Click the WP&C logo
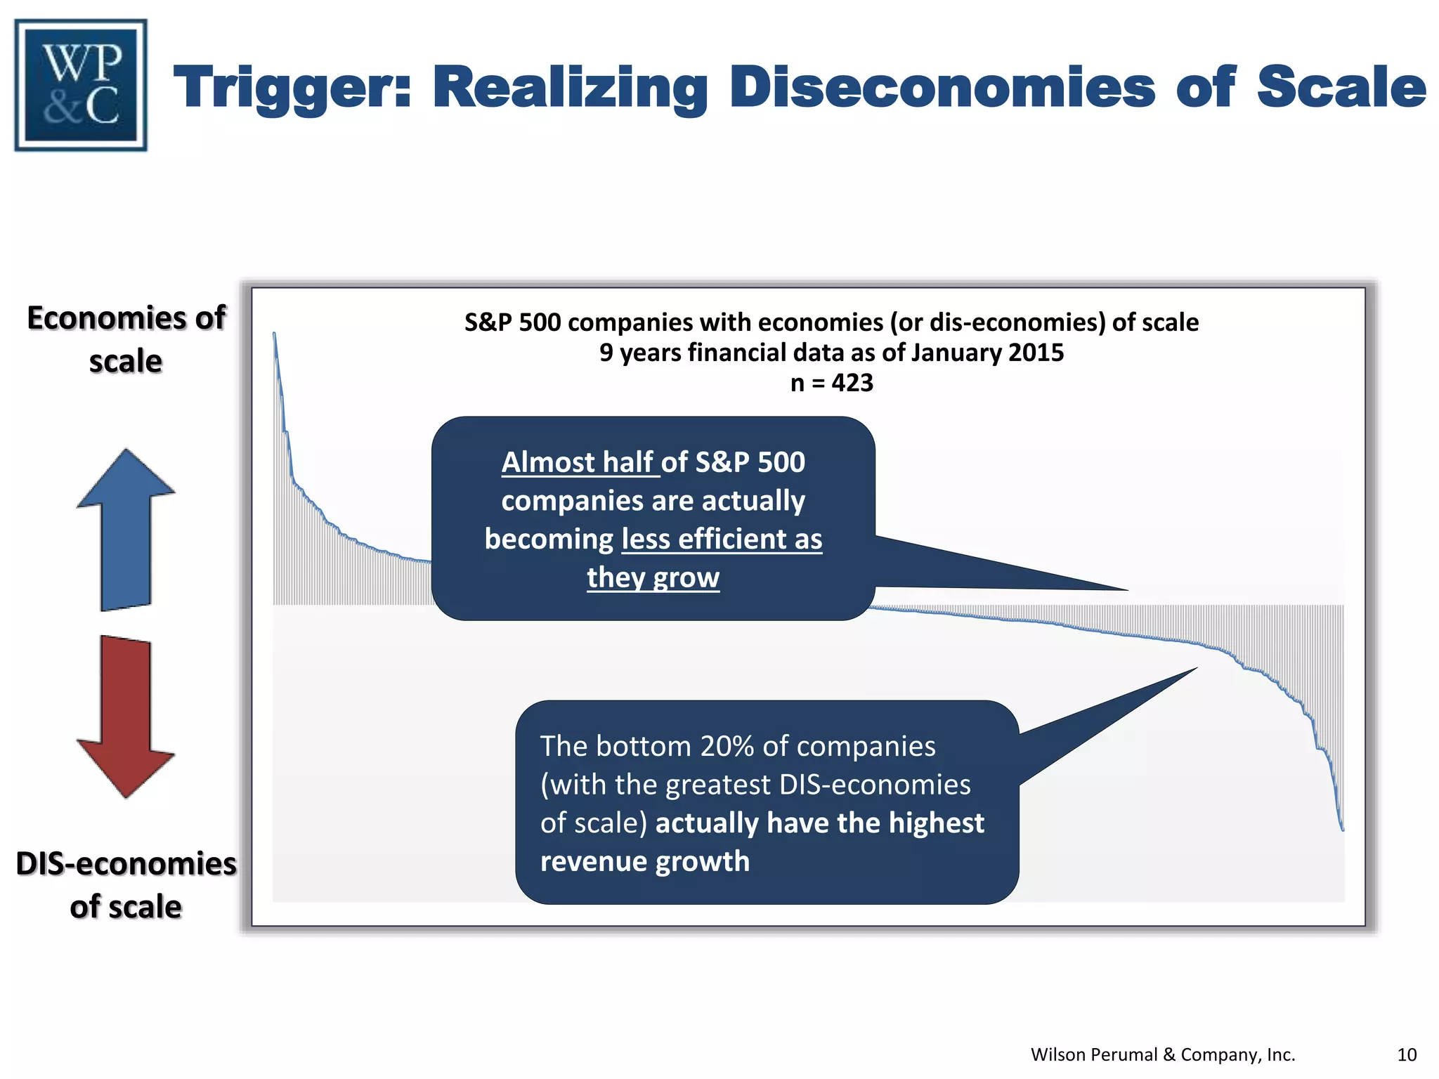81,85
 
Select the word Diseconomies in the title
942,88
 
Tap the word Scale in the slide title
1341,88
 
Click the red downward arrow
126,717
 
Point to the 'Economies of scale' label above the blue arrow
126,339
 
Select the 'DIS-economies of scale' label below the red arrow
126,884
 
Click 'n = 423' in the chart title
831,383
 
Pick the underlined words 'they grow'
653,577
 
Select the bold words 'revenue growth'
644,861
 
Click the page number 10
1407,1054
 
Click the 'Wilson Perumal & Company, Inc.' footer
1162,1054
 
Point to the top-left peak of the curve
274,334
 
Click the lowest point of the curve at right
1343,830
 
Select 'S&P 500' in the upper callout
750,462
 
